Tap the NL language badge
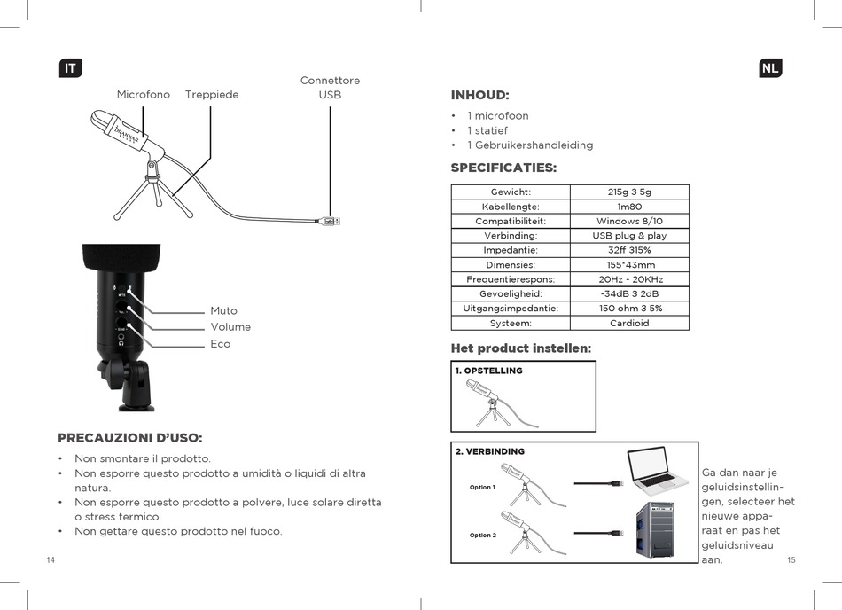click(x=770, y=68)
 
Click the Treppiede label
click(x=212, y=95)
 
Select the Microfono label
click(x=144, y=95)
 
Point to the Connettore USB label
click(x=330, y=88)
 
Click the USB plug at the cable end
click(x=331, y=221)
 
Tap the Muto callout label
click(x=223, y=311)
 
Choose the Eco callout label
click(x=220, y=344)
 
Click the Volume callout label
click(x=230, y=327)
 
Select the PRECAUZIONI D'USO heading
click(x=129, y=438)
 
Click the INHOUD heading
click(x=479, y=96)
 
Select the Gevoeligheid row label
click(x=511, y=293)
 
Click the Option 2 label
click(x=482, y=536)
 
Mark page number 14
click(x=51, y=560)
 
